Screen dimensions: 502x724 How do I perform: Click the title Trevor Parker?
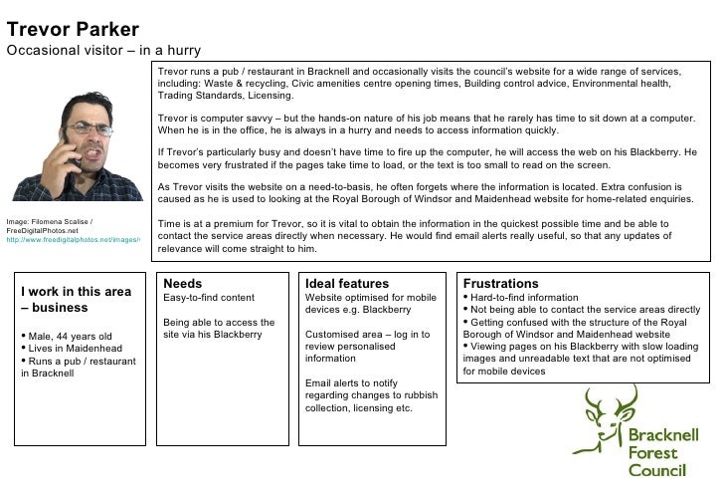[73, 29]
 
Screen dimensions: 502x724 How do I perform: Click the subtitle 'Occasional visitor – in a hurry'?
[103, 51]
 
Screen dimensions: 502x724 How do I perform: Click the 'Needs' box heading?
[182, 284]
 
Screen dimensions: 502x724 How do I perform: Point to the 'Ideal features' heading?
[347, 284]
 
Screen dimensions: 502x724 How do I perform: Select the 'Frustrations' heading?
[500, 284]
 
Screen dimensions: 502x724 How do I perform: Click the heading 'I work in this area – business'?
[76, 300]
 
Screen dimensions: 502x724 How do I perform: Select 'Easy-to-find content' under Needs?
[209, 298]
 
